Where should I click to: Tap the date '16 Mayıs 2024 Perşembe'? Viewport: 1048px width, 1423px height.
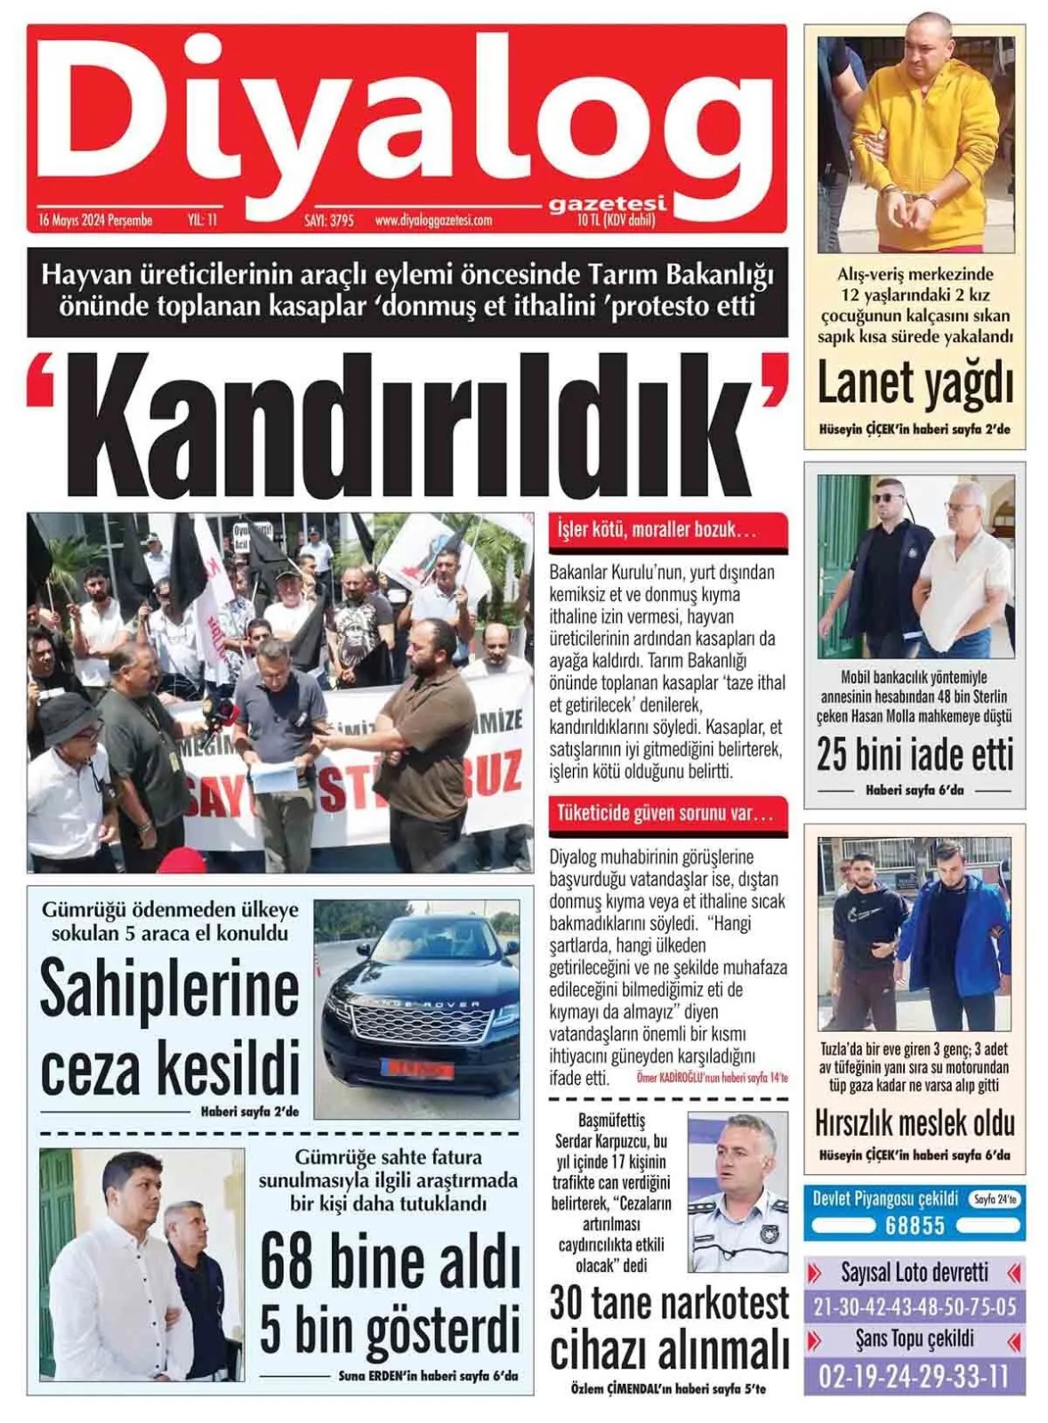coord(96,220)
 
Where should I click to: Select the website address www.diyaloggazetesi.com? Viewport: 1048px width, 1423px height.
coord(433,220)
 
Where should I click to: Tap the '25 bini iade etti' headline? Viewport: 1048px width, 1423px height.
coord(915,755)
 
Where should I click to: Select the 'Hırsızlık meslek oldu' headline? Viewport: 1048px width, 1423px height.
coord(915,1122)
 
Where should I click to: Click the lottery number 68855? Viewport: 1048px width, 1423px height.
coord(915,1226)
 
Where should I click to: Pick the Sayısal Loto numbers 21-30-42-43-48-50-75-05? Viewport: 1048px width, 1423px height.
coord(915,1306)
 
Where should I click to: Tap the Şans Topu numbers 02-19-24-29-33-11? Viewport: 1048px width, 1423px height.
coord(915,1377)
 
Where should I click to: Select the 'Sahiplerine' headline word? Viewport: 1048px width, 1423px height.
coord(170,989)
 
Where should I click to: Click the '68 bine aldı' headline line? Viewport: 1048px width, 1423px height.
coord(390,1261)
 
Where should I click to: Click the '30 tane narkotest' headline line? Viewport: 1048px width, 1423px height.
coord(669,1304)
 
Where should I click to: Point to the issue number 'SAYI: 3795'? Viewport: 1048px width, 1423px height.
coord(329,220)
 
